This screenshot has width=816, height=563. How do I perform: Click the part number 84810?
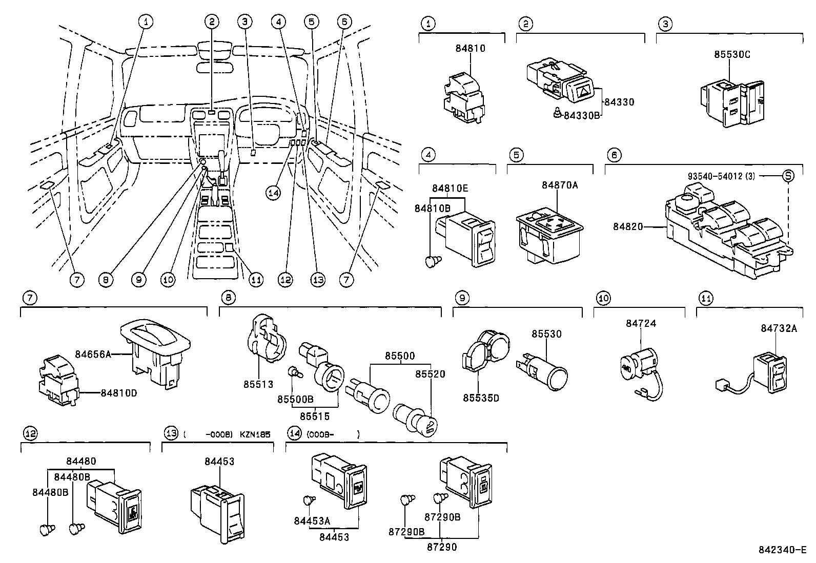pos(470,49)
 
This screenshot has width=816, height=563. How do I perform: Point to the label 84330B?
pos(581,116)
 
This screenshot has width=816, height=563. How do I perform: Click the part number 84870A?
pos(560,185)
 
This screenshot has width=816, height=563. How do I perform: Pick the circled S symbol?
pos(788,176)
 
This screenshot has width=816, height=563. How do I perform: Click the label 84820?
pos(627,226)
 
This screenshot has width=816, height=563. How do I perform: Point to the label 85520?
pos(430,374)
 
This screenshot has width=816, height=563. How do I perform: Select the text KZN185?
pos(255,434)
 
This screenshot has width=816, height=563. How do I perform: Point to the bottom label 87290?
pos(441,547)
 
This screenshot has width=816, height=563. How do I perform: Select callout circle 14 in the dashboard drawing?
pos(274,193)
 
